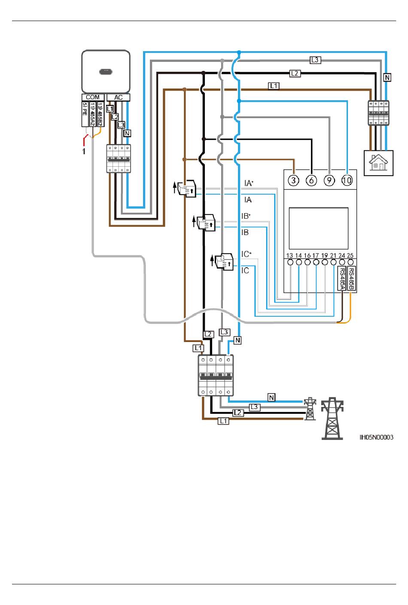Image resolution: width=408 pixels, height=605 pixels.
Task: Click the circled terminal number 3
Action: tap(293, 180)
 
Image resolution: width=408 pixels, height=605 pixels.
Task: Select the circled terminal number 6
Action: tap(311, 180)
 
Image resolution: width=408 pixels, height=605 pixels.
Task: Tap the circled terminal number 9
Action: tap(329, 180)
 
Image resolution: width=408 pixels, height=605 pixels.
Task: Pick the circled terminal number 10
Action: tap(347, 180)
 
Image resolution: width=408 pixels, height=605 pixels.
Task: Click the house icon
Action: tap(378, 163)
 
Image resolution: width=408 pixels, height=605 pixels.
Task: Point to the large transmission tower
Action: tap(332, 419)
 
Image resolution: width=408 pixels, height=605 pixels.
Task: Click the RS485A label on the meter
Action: tap(342, 278)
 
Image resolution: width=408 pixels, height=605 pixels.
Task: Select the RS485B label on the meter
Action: tap(351, 278)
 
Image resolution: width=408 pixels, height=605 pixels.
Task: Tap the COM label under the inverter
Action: tap(93, 97)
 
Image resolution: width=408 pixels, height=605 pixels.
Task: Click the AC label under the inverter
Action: tap(118, 97)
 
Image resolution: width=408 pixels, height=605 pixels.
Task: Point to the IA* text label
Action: tap(249, 183)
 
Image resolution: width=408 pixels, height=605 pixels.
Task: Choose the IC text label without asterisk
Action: tap(245, 270)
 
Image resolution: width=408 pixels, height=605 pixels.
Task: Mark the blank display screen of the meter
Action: tap(318, 228)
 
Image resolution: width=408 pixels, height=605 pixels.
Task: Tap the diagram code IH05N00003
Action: tap(376, 437)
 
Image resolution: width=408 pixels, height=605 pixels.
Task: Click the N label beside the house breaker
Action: tap(387, 77)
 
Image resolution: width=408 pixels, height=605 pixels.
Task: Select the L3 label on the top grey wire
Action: tap(315, 60)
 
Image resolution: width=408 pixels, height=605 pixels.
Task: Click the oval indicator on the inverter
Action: tap(106, 72)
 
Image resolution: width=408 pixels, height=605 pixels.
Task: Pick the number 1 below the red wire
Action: tap(84, 151)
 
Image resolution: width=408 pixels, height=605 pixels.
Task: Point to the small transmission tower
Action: tap(310, 408)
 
